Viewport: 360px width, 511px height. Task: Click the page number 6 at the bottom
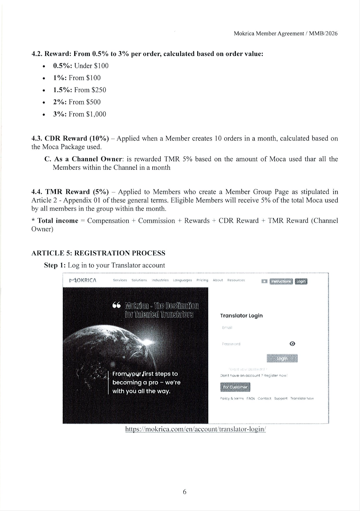click(x=184, y=492)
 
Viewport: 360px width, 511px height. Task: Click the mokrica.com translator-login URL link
click(x=196, y=429)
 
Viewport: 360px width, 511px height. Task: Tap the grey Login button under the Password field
click(x=282, y=358)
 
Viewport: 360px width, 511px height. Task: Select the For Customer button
click(x=235, y=387)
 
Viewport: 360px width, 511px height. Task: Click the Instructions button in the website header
click(x=281, y=281)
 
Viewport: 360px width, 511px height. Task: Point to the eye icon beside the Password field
click(x=292, y=344)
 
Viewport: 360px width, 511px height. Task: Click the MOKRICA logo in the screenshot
click(x=83, y=280)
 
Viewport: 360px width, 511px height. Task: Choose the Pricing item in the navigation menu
click(x=202, y=280)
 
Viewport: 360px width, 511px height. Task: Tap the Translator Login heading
click(x=241, y=316)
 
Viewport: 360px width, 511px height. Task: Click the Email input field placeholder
click(x=227, y=328)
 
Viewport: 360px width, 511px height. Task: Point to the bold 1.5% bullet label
click(x=62, y=90)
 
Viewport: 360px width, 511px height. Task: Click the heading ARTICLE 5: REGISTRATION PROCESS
click(x=98, y=253)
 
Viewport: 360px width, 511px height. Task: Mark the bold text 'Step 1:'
click(x=55, y=265)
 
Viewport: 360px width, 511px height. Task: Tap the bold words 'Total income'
click(x=58, y=221)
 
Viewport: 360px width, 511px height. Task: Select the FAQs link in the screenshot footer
click(x=250, y=398)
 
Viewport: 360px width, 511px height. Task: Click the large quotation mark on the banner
click(x=117, y=306)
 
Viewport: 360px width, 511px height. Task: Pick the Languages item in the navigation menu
click(x=182, y=280)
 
